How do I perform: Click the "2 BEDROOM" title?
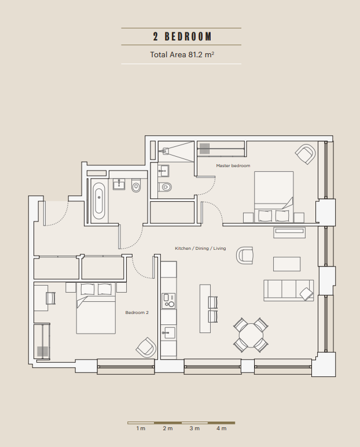182,36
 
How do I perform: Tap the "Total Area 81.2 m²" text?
182,54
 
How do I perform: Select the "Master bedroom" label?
233,165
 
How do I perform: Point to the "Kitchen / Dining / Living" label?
200,248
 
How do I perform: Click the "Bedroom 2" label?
137,312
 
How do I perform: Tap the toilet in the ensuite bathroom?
165,187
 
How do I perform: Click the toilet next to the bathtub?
136,185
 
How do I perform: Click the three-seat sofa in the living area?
289,290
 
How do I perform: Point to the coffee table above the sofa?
286,264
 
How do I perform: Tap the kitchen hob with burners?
168,301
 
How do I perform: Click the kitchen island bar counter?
205,308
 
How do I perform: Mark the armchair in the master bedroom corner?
306,154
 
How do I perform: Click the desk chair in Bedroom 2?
50,298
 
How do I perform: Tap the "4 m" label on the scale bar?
221,428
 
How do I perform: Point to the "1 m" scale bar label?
141,428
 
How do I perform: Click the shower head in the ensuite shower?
165,150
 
